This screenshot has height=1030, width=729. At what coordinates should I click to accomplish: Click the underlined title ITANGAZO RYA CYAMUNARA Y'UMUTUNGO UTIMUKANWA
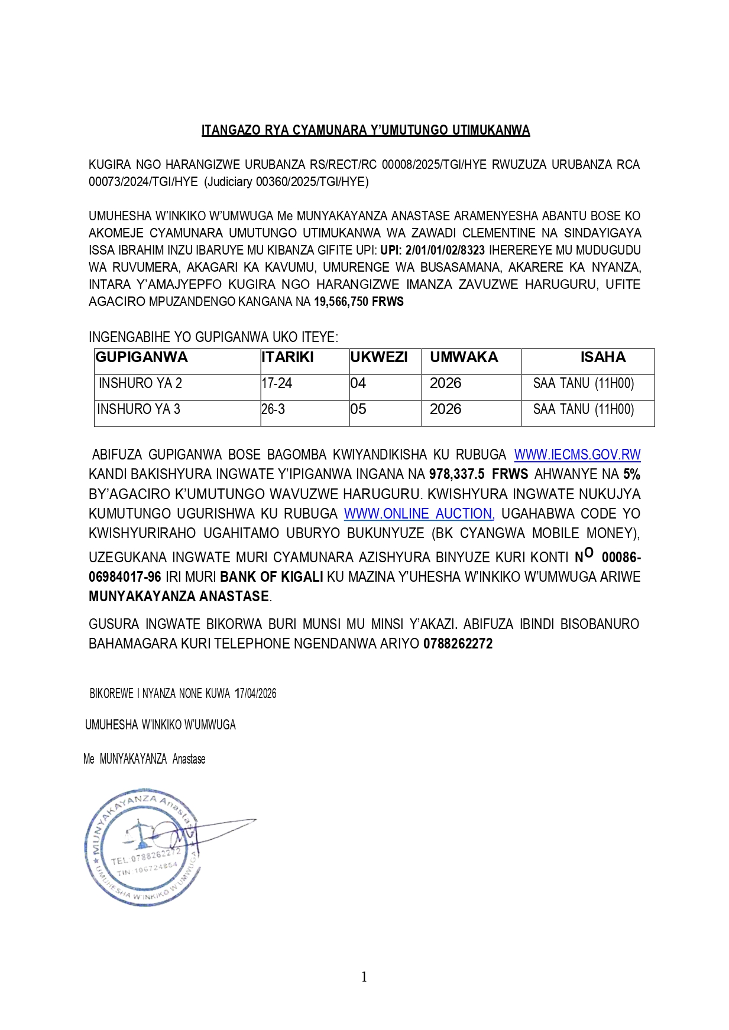[365, 130]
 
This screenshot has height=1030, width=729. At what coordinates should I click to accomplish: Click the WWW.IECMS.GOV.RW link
[577, 455]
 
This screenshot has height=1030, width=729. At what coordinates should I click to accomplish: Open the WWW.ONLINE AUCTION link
[418, 514]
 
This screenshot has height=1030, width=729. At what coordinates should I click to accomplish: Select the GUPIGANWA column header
[142, 357]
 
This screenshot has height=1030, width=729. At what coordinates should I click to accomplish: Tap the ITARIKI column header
[287, 357]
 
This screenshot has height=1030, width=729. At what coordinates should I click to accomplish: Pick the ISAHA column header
[602, 357]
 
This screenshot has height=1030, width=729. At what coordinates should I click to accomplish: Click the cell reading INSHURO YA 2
[140, 383]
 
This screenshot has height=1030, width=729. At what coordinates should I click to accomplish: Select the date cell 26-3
[273, 409]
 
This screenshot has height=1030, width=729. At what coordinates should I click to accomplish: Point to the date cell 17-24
[277, 383]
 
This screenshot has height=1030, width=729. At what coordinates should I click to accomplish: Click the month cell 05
[358, 409]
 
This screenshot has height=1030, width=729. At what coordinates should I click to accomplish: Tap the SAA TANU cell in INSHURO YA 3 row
[583, 409]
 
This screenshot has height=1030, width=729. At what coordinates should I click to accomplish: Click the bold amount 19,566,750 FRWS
[358, 302]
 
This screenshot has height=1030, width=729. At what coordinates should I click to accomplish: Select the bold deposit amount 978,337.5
[457, 474]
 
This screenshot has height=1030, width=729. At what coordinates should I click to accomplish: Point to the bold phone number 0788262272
[458, 644]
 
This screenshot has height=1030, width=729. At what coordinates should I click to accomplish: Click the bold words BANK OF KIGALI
[271, 577]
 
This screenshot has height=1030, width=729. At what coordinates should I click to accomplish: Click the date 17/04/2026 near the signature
[255, 693]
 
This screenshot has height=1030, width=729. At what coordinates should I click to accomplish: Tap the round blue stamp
[142, 846]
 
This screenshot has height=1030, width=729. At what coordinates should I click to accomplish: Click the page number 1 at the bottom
[364, 977]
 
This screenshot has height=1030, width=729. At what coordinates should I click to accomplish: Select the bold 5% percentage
[631, 474]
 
